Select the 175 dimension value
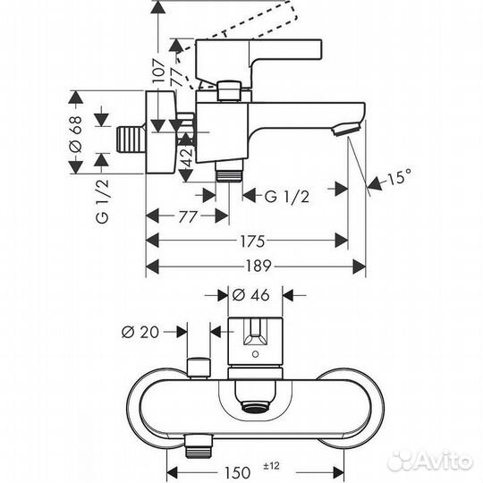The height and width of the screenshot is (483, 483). tap(251, 241)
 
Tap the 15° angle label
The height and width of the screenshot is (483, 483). tap(401, 178)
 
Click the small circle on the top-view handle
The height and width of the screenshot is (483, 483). tap(256, 355)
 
